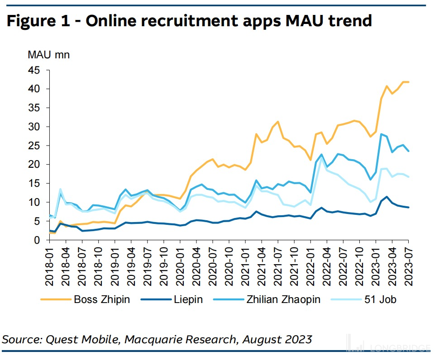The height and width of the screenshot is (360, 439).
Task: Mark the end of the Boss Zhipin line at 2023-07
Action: (x=409, y=82)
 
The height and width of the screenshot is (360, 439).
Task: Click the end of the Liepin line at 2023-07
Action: (x=409, y=208)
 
